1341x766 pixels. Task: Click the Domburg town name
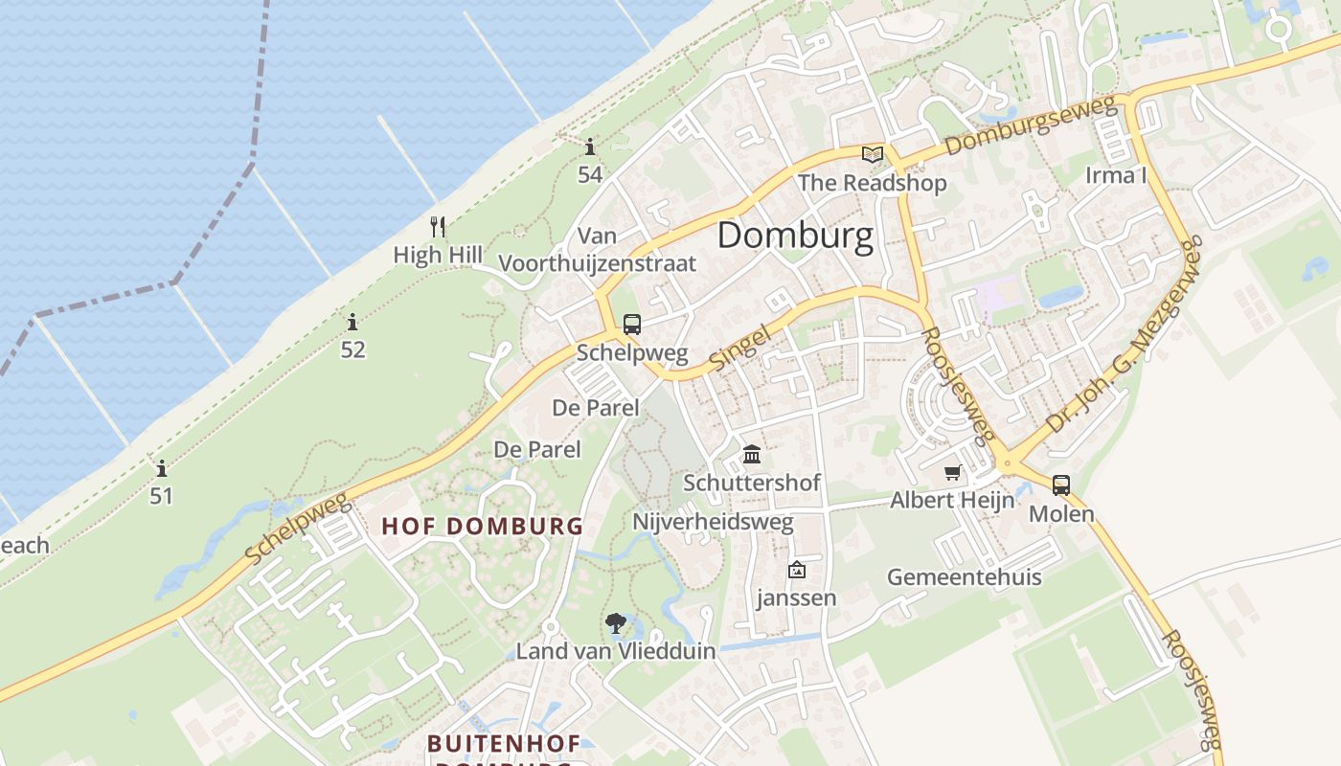tap(795, 236)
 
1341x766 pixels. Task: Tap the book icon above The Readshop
tap(872, 154)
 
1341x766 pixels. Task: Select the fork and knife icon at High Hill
tap(438, 227)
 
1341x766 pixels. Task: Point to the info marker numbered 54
tap(590, 147)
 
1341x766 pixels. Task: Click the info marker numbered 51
tap(162, 469)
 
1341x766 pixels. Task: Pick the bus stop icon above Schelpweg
tap(631, 325)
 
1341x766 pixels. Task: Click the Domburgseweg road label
tap(1032, 125)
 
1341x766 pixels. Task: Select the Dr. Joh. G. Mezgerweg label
tap(1125, 335)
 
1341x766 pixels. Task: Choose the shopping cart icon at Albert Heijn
tap(952, 472)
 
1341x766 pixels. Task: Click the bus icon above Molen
tap(1061, 485)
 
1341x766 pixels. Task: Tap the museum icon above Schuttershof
tap(752, 454)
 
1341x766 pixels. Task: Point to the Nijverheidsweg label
tap(713, 523)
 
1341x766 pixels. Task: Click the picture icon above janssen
tap(796, 571)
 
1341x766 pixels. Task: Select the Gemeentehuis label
tap(964, 577)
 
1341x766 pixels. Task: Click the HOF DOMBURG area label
tap(482, 526)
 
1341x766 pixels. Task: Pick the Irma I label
tap(1115, 175)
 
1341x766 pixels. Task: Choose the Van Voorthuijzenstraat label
tap(598, 250)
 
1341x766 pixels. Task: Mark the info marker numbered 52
tap(352, 322)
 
